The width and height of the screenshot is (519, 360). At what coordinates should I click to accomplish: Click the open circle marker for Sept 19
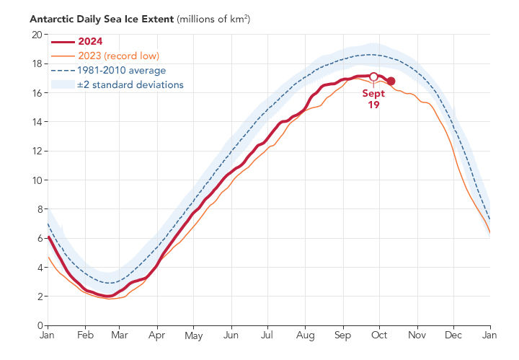(373, 76)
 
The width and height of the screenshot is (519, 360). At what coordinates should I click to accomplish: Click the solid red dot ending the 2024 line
(391, 82)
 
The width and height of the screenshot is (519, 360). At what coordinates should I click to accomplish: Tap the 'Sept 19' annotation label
(373, 99)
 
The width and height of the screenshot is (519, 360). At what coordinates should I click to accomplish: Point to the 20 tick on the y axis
(36, 35)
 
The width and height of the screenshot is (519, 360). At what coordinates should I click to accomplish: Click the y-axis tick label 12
(36, 151)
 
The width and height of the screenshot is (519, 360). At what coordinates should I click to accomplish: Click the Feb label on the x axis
(84, 336)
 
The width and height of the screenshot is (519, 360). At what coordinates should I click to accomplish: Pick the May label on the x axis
(193, 336)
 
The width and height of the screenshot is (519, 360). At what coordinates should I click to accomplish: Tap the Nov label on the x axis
(417, 336)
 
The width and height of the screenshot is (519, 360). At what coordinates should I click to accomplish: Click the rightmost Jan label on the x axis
(490, 336)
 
